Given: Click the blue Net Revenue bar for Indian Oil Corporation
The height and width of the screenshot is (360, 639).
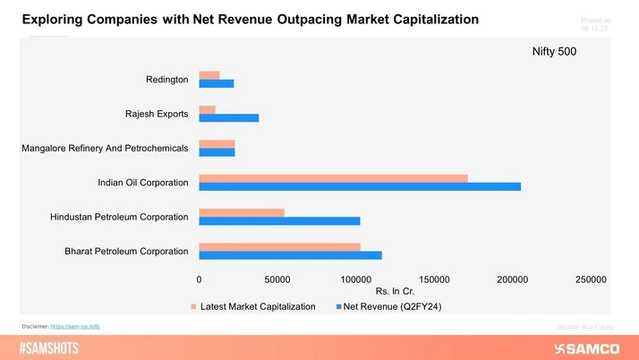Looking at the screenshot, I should pyautogui.click(x=359, y=186).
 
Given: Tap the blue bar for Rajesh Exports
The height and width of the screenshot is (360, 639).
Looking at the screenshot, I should pyautogui.click(x=228, y=118).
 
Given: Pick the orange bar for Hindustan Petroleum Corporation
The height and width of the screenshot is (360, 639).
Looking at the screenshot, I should pyautogui.click(x=242, y=212).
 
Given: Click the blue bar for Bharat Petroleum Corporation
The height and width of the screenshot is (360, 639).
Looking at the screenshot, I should pyautogui.click(x=290, y=255).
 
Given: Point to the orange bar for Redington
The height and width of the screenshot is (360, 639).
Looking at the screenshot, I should pyautogui.click(x=209, y=75).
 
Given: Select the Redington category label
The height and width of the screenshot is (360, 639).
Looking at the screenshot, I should pyautogui.click(x=166, y=81).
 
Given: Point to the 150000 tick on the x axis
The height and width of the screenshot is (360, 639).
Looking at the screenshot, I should pyautogui.click(x=434, y=280).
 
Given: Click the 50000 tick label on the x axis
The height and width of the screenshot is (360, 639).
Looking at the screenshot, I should pyautogui.click(x=277, y=280).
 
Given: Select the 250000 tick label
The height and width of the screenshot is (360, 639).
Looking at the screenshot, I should pyautogui.click(x=591, y=280).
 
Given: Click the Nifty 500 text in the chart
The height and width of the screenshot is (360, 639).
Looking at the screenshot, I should pyautogui.click(x=555, y=52).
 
